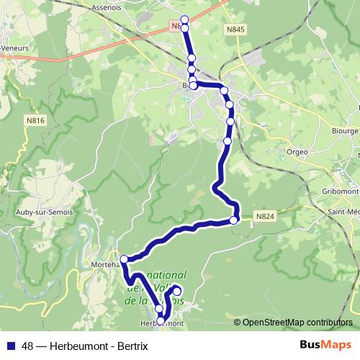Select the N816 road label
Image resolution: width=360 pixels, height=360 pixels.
pyautogui.click(x=36, y=122)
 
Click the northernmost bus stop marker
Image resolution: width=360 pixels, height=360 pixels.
pyautogui.click(x=184, y=19)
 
